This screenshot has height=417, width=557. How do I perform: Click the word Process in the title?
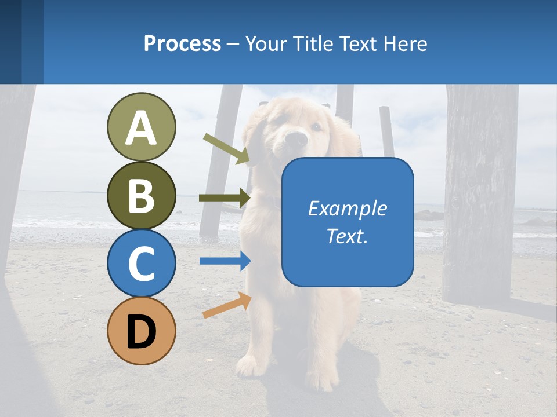point(182,43)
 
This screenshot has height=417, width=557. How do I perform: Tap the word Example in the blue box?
point(347,209)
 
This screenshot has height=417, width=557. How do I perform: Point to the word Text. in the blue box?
point(347,236)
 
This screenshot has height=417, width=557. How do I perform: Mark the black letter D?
point(141,332)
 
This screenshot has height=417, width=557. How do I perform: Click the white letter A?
point(141,128)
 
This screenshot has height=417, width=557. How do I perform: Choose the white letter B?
point(141,196)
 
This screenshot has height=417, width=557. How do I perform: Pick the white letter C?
point(141,264)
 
